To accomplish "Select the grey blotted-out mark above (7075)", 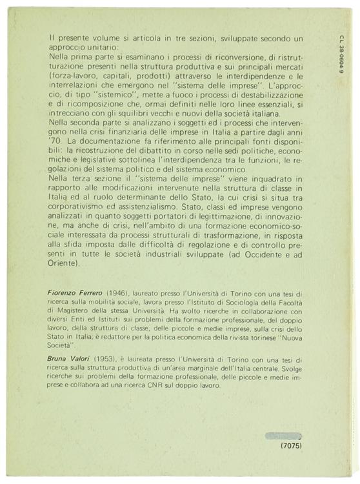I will pos(283,435).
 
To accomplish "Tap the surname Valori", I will pos(92,359).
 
